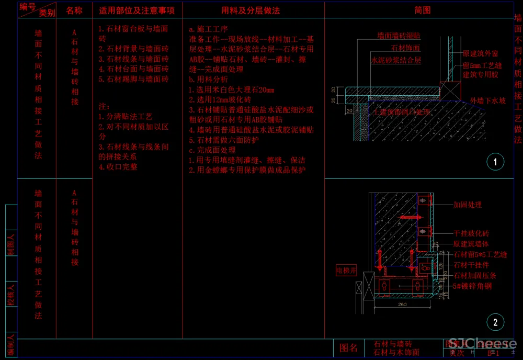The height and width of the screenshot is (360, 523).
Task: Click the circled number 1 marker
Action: tap(495, 162)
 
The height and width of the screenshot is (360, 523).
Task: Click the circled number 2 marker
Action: tap(495, 322)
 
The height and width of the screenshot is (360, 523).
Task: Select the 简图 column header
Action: tap(422, 10)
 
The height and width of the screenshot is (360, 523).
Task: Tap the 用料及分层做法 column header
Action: tap(251, 10)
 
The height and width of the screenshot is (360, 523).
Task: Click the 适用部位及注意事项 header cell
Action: tap(137, 10)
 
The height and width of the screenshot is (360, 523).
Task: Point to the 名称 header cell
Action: tap(74, 10)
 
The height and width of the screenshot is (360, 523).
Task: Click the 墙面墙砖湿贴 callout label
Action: tap(399, 36)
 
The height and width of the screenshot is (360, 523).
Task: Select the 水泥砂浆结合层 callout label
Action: tap(395, 61)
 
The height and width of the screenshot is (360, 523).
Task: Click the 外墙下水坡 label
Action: tap(487, 100)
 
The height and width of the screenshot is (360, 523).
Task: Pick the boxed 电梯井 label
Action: tap(346, 271)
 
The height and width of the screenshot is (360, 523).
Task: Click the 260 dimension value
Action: tap(402, 303)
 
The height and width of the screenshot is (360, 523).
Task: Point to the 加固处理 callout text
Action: tap(468, 205)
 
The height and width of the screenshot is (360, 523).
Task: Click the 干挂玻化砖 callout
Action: tap(471, 233)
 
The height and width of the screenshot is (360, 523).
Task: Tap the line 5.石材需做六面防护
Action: tap(224, 140)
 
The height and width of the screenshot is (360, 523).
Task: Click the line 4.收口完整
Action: tap(118, 167)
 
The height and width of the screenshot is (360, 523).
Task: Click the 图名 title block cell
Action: tap(348, 348)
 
